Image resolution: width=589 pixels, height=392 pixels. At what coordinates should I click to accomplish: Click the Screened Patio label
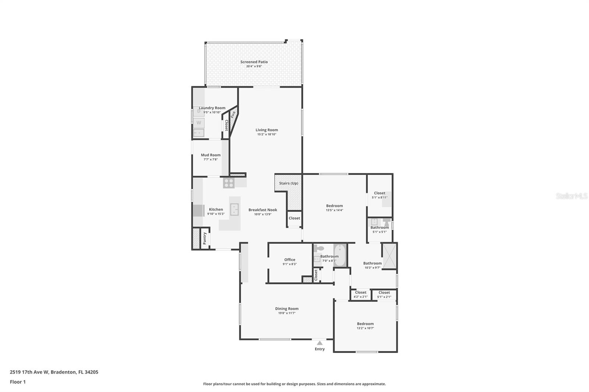(254, 62)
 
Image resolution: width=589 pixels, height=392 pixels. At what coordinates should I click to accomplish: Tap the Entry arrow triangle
(320, 343)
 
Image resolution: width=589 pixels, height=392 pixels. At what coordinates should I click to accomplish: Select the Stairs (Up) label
(289, 183)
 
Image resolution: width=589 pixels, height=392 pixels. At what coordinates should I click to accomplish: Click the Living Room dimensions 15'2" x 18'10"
(267, 135)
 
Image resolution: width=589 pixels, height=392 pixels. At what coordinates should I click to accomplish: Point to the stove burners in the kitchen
(229, 183)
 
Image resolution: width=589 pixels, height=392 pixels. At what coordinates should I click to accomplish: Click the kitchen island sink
(234, 209)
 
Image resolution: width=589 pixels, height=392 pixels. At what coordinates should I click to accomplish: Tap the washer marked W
(199, 122)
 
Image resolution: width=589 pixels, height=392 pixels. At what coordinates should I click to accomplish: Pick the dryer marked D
(199, 111)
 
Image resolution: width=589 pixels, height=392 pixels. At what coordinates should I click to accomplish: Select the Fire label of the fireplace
(233, 114)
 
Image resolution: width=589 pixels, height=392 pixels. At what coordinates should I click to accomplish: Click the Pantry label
(205, 238)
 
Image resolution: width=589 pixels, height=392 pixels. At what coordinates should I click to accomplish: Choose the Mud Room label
(211, 155)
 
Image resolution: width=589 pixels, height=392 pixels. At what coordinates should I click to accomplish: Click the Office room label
(290, 260)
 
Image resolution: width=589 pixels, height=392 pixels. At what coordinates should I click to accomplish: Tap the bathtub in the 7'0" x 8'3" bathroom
(340, 255)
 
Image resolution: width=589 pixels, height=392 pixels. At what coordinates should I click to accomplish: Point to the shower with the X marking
(389, 256)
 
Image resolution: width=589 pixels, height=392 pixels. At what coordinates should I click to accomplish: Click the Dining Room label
(287, 309)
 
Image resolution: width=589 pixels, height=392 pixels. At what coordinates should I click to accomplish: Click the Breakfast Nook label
(263, 210)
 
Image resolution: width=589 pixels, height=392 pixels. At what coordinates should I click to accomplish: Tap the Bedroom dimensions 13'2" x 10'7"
(365, 328)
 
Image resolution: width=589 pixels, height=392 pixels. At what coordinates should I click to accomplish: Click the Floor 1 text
(18, 382)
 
